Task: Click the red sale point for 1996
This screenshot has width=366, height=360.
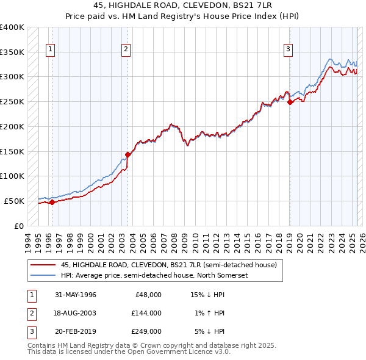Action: tap(52, 202)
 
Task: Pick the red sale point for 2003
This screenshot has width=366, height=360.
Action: tap(127, 154)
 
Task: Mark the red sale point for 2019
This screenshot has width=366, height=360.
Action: tap(290, 103)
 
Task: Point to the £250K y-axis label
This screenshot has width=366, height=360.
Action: tap(12, 101)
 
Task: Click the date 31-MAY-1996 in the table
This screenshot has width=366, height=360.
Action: tap(75, 294)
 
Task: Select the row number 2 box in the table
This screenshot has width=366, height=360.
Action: tap(30, 313)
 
